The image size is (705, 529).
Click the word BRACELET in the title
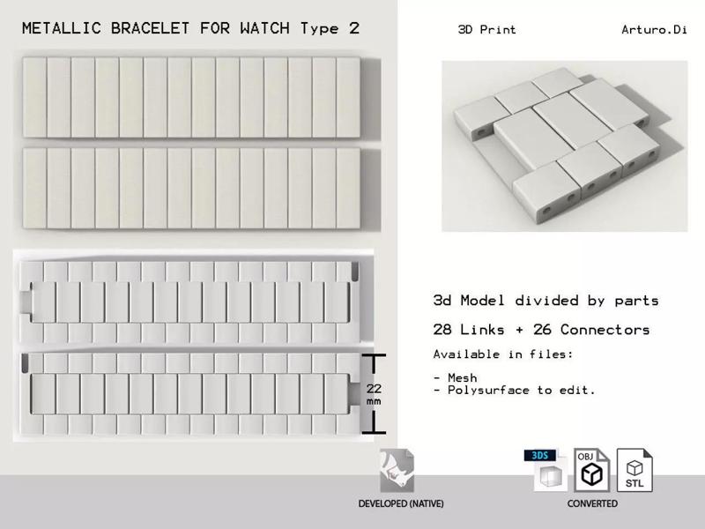[x=150, y=28]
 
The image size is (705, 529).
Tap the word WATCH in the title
[x=265, y=28]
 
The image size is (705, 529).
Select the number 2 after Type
[x=354, y=28]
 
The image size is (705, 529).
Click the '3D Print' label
[x=487, y=30]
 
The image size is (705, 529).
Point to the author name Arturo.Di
[x=654, y=30]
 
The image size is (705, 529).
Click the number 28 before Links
[x=442, y=329]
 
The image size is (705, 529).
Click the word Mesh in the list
[x=462, y=377]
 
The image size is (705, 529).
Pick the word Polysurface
[x=488, y=390]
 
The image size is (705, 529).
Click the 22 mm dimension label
[x=374, y=394]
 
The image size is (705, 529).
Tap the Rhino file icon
[x=397, y=471]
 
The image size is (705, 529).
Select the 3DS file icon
[x=545, y=470]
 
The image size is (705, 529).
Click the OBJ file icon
[x=591, y=470]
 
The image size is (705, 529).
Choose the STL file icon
[x=634, y=470]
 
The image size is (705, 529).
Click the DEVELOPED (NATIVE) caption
[x=401, y=503]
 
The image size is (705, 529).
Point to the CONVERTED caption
[x=592, y=503]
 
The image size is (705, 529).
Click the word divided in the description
[x=546, y=300]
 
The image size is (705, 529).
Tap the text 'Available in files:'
[x=503, y=354]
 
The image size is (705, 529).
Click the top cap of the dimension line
[x=374, y=356]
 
